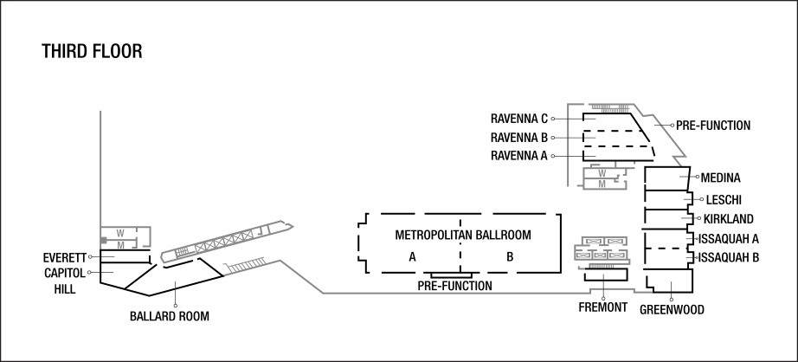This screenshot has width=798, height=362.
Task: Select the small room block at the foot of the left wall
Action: pos(125,237)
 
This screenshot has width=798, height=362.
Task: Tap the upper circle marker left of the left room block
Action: pos(90,256)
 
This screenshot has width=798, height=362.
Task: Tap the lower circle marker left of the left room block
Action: pos(90,272)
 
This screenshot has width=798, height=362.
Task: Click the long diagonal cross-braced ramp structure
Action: pos(228,240)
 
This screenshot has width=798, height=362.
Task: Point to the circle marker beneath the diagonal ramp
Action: pos(176,306)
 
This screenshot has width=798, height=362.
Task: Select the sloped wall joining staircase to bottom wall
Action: pos(301,276)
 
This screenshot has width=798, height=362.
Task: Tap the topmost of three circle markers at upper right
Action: pos(553,119)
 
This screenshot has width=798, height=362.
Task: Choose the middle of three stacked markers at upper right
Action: pos(553,138)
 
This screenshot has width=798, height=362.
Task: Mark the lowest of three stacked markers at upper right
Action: pos(553,156)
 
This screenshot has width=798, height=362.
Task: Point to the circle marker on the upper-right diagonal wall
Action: pos(672,126)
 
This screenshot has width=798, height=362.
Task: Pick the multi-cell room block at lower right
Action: pos(602,250)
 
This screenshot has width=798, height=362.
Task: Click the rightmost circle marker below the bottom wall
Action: pos(671,300)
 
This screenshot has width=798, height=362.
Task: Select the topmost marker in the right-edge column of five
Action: pos(698,177)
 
